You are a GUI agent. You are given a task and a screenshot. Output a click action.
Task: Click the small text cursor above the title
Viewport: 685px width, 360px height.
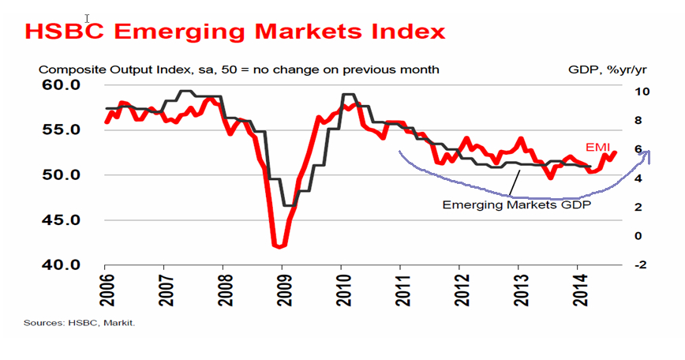[88, 17]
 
